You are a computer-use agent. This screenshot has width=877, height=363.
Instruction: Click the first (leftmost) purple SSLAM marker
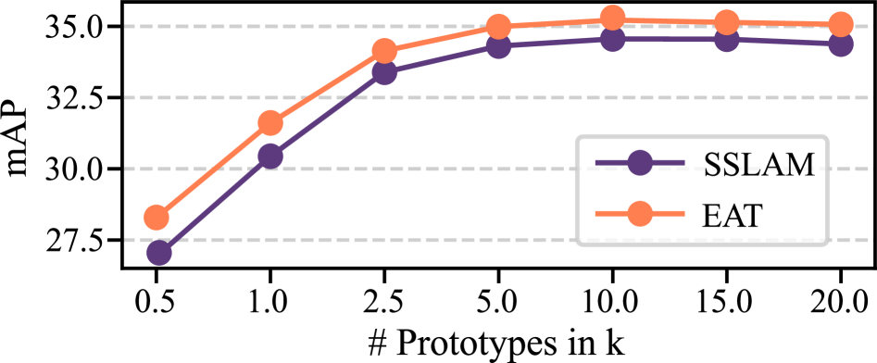(x=159, y=252)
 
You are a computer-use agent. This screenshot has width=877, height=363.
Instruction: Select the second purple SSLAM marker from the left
(x=270, y=156)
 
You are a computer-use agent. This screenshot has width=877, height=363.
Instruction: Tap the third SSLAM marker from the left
(x=384, y=72)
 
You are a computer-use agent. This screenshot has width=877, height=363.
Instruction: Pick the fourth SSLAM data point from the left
(x=498, y=46)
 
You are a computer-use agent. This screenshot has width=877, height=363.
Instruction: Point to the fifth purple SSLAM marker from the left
(x=612, y=39)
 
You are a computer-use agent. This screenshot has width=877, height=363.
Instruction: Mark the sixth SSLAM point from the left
(x=726, y=39)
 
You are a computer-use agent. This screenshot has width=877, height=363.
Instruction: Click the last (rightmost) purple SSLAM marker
(x=840, y=44)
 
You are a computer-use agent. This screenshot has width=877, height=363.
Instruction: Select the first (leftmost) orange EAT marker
(x=157, y=218)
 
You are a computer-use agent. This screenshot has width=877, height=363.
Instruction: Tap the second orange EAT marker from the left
(x=270, y=122)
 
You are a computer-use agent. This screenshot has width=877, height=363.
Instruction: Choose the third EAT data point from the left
(x=384, y=50)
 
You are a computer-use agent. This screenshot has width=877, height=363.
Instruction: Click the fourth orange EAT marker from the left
(x=498, y=26)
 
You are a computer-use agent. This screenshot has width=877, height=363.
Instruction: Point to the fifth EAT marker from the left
(x=612, y=18)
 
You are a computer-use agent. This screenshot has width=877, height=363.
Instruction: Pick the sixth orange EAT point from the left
(x=726, y=21)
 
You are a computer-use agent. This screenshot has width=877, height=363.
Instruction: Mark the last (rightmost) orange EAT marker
(x=840, y=24)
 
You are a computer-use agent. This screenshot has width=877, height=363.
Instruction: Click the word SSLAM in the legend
(x=758, y=164)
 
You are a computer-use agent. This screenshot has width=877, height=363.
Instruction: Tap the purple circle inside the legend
(x=639, y=163)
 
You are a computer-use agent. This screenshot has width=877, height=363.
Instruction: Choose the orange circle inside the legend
(x=639, y=214)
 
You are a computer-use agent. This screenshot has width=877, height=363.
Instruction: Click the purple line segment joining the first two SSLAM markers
(x=215, y=204)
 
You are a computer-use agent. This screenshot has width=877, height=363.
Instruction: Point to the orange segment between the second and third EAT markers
(x=327, y=86)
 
